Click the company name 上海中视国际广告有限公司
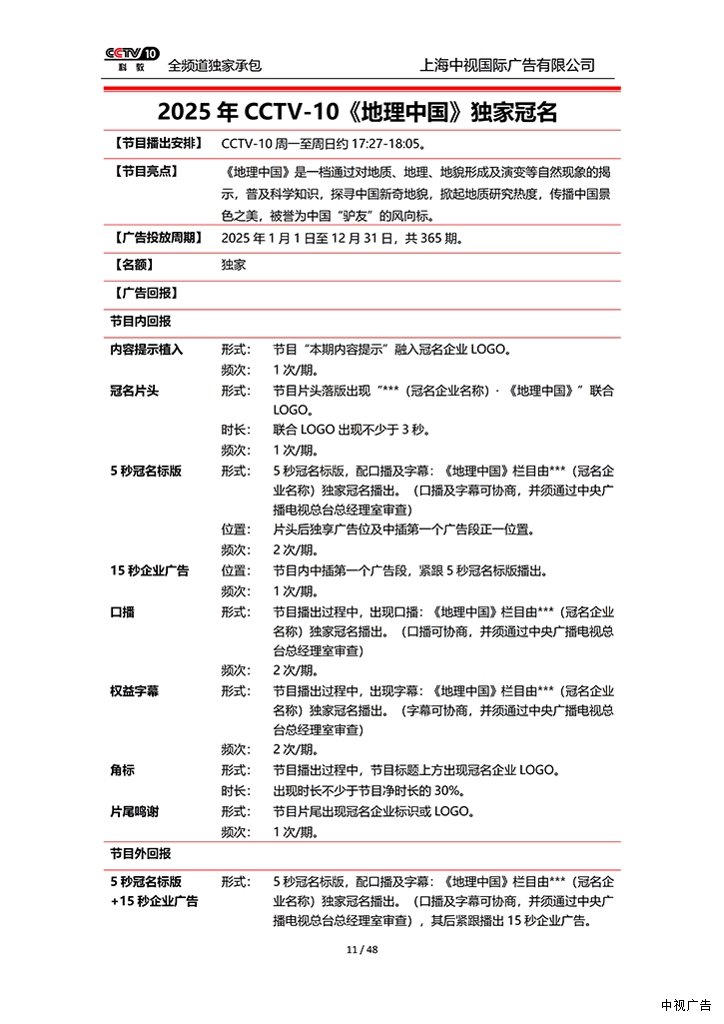pos(508,65)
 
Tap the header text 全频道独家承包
pos(215,65)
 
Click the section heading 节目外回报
pos(140,854)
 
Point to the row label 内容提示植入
pos(147,351)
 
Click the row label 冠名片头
pos(135,391)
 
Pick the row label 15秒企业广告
pos(149,570)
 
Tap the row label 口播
pos(122,611)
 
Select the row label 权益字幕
pos(135,691)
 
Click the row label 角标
pos(122,770)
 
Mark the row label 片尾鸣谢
pos(135,811)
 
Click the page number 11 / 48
pos(362,949)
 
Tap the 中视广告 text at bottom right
pos(686,1005)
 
